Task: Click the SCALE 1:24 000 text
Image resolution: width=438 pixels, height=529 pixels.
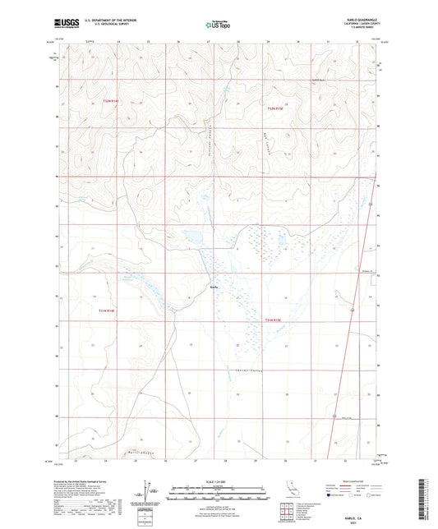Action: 219,481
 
